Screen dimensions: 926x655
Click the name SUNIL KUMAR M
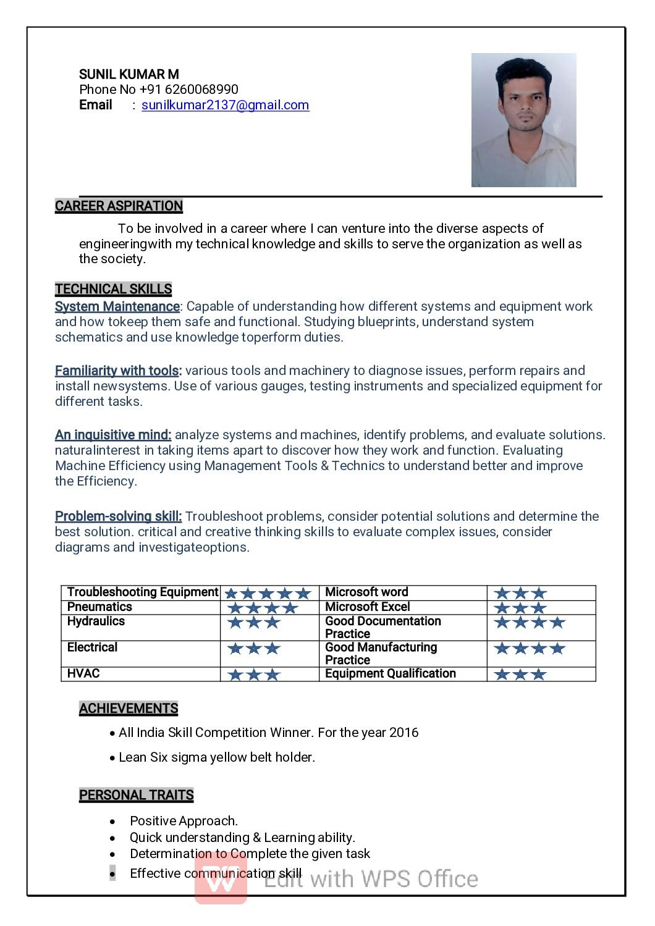pos(129,74)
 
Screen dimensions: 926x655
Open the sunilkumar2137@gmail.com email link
pos(225,105)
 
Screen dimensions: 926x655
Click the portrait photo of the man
pos(523,120)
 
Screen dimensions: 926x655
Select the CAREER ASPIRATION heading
pos(119,206)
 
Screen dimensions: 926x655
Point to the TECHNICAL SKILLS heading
pos(113,289)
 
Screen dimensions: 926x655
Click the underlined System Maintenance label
pos(117,306)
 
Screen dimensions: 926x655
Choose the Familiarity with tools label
pos(118,371)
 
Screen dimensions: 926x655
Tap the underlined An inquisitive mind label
pos(113,435)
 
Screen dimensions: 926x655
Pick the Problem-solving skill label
pos(118,516)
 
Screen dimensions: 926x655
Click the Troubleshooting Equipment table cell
pos(142,592)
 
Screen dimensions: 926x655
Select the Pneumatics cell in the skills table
pos(99,607)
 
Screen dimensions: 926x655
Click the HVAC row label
pos(83,674)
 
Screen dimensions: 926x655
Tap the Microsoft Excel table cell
pos(367,607)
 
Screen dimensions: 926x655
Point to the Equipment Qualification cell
pos(390,674)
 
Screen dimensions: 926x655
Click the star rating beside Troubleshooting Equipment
pos(268,594)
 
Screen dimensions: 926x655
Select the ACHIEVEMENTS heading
pos(129,709)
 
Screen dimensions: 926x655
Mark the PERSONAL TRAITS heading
pos(136,795)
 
